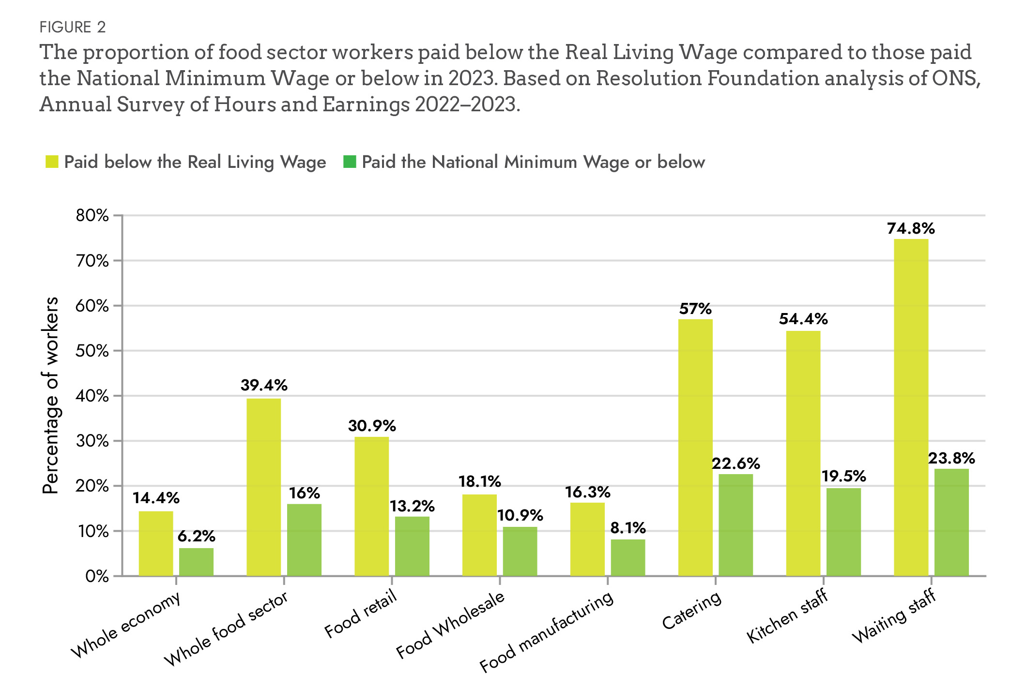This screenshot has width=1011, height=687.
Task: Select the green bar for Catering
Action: [x=735, y=525]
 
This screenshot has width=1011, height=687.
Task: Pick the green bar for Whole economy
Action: [x=196, y=562]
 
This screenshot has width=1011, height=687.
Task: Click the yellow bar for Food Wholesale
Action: [x=479, y=535]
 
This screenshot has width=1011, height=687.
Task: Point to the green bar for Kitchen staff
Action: [x=843, y=532]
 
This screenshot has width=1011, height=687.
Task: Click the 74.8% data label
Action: [x=911, y=228]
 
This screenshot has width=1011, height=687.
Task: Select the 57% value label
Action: [x=695, y=309]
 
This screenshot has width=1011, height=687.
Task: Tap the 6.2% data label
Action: [x=196, y=536]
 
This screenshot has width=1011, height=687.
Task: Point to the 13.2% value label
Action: [x=412, y=506]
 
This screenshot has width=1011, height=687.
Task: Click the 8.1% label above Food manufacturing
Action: [x=628, y=528]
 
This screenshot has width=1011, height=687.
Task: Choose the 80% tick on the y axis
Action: [x=92, y=215]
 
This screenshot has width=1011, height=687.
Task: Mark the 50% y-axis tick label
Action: [x=92, y=351]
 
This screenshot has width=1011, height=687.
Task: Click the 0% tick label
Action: [x=97, y=576]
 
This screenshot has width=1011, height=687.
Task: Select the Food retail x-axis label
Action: [x=361, y=614]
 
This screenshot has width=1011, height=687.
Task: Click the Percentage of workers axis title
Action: [x=50, y=395]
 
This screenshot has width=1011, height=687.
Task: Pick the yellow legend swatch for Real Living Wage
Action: [x=52, y=162]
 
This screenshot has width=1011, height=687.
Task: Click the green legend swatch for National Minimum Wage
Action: [x=350, y=162]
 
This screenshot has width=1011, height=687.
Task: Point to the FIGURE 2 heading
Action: [x=73, y=27]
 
